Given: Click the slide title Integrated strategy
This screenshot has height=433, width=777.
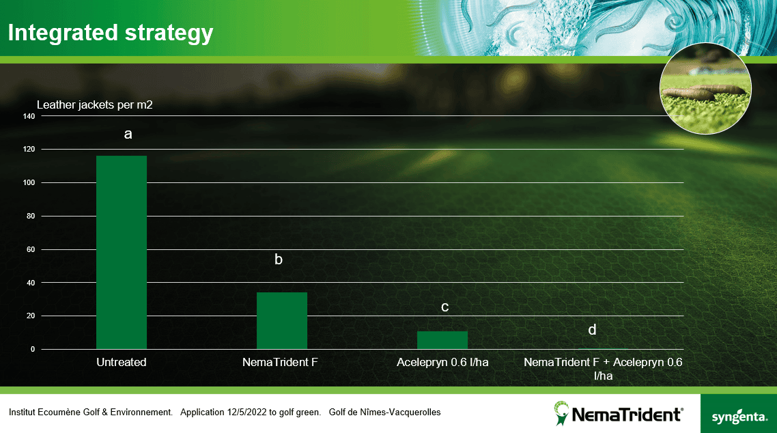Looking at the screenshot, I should click(x=111, y=32).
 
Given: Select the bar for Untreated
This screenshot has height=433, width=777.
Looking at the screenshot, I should click(x=122, y=253).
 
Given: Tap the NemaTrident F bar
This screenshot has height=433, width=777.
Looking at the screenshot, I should click(x=281, y=321).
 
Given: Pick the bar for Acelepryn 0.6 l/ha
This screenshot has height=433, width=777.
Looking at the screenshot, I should click(x=442, y=340).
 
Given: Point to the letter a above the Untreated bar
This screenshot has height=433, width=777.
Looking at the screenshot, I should click(x=128, y=134).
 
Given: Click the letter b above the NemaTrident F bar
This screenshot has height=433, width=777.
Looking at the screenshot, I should click(x=279, y=260).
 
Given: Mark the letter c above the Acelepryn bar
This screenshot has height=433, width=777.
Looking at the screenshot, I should click(x=444, y=307).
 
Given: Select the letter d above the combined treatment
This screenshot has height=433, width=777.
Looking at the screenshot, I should click(x=592, y=330).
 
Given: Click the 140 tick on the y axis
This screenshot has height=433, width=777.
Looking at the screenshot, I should click(x=29, y=116).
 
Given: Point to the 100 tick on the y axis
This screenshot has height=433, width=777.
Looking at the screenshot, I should click(x=29, y=182).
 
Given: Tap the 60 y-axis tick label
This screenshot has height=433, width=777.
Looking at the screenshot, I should click(x=31, y=249).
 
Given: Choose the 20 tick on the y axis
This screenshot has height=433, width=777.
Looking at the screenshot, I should click(x=31, y=316).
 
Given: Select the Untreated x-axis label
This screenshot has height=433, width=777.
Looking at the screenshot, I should click(x=122, y=362).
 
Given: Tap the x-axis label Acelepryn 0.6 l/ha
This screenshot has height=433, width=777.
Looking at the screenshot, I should click(x=442, y=362).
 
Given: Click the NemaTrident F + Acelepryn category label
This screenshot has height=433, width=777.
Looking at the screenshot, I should click(x=603, y=368).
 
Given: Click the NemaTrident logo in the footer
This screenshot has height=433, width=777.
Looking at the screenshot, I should click(x=618, y=414).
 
